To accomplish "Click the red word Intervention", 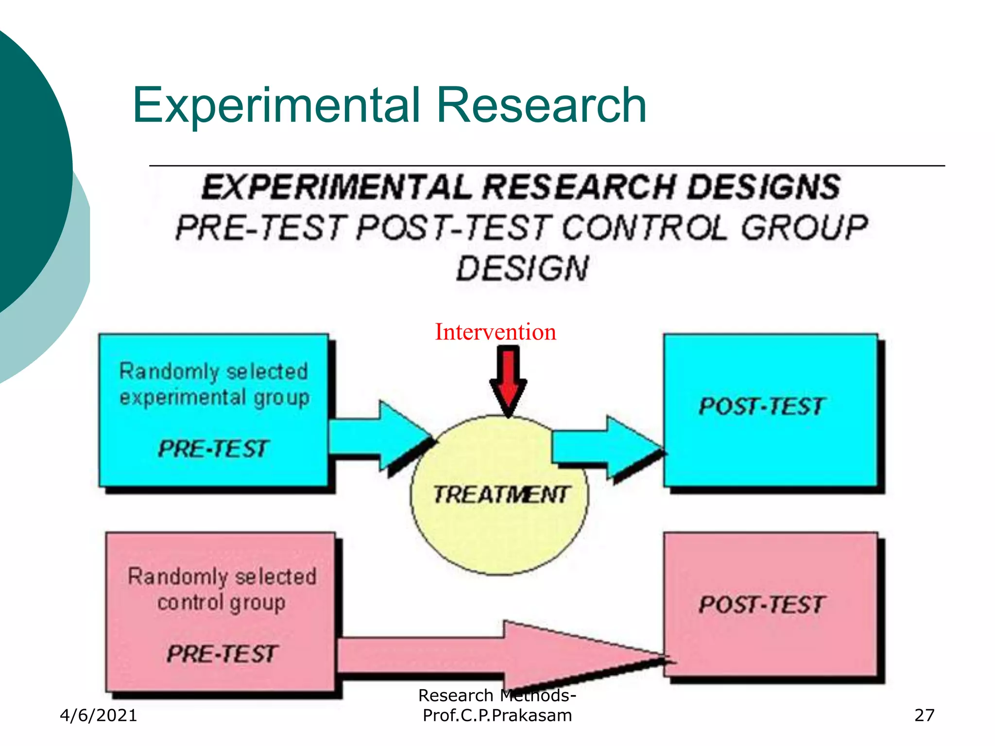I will coord(496,332).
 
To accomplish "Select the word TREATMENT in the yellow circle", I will coord(500,495).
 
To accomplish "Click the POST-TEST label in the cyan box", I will coord(762,407).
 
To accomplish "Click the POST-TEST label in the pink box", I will coord(762,605).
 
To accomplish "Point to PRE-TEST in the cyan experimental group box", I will coord(213,448).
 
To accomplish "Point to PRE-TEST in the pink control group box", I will coord(222,653).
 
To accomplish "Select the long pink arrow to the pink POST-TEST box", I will coord(500,656).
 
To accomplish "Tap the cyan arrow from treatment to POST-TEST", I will coord(607,447).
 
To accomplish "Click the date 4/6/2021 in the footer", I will coord(99,715).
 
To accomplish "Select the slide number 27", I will coord(924,715).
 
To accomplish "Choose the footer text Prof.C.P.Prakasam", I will coord(497,715).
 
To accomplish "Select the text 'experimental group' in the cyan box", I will coord(214,398).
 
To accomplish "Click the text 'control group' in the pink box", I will coord(221,603).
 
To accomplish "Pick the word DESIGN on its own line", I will coord(523,269).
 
